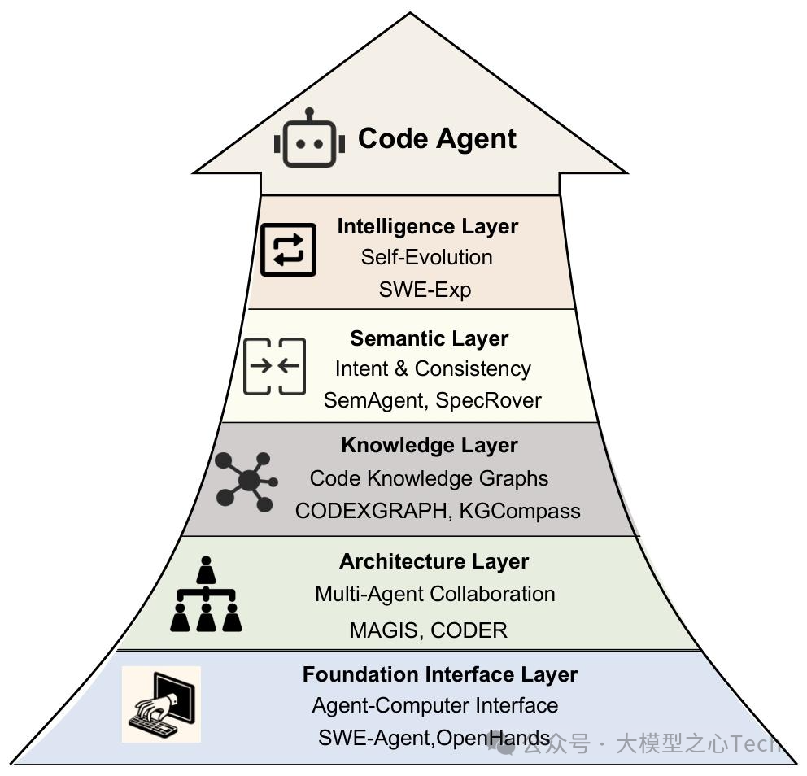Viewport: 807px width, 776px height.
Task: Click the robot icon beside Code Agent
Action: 309,140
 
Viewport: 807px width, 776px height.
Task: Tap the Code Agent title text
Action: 437,138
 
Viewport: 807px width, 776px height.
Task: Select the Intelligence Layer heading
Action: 427,226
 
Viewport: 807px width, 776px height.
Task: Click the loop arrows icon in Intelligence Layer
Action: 288,250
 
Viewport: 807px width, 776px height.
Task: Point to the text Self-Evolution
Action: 426,257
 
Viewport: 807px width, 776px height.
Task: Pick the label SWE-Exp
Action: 425,289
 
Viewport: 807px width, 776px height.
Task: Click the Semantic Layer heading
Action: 429,338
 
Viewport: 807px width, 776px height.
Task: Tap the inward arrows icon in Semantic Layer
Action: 275,366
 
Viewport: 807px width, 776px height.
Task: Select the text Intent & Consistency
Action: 433,368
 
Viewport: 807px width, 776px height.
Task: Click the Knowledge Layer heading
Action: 429,446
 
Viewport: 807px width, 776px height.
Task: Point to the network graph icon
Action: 246,482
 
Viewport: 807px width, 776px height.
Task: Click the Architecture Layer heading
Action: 434,561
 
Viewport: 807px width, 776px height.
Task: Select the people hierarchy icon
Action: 206,595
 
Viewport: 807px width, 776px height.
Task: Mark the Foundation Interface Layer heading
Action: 439,674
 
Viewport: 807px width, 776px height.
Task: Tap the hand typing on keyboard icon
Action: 161,704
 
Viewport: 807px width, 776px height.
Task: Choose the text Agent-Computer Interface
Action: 434,705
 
